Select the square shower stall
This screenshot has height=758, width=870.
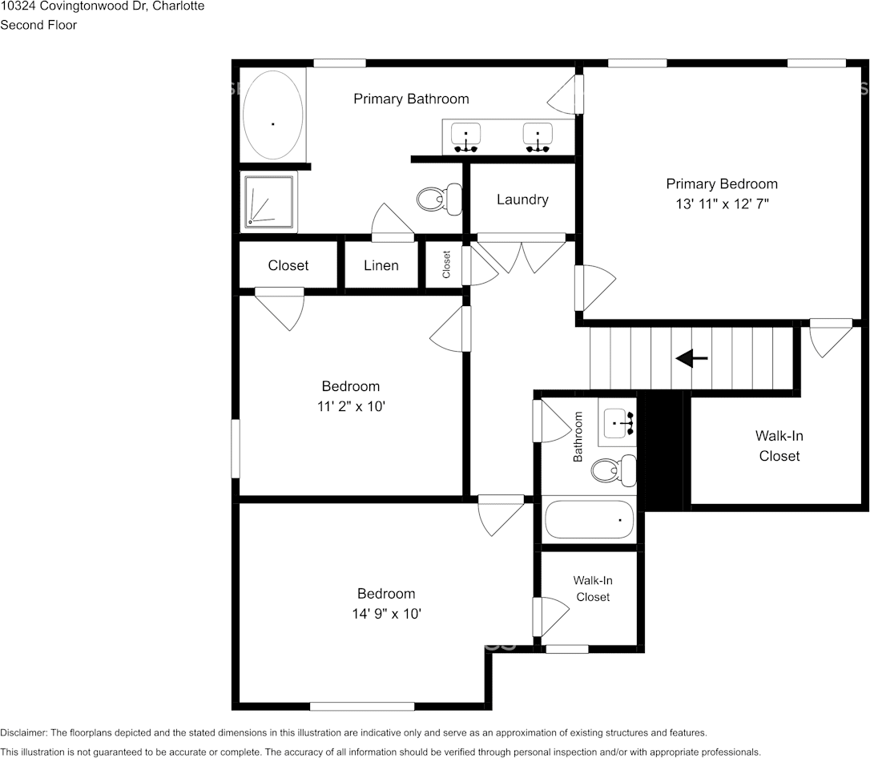269,201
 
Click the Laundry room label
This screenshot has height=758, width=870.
522,200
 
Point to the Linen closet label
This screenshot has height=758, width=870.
381,265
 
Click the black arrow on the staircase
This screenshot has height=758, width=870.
691,359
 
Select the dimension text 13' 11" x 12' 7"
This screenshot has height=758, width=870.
722,204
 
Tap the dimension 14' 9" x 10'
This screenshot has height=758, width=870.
386,614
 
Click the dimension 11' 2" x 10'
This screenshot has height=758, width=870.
351,406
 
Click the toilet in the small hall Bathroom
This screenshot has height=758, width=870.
614,470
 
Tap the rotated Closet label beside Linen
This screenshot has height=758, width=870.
446,264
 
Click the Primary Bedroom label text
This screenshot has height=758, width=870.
722,183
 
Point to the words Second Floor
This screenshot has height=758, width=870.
38,25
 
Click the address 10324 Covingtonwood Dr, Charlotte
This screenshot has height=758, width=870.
102,6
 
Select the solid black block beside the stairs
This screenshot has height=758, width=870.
663,449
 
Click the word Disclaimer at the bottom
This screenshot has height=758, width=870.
23,732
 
